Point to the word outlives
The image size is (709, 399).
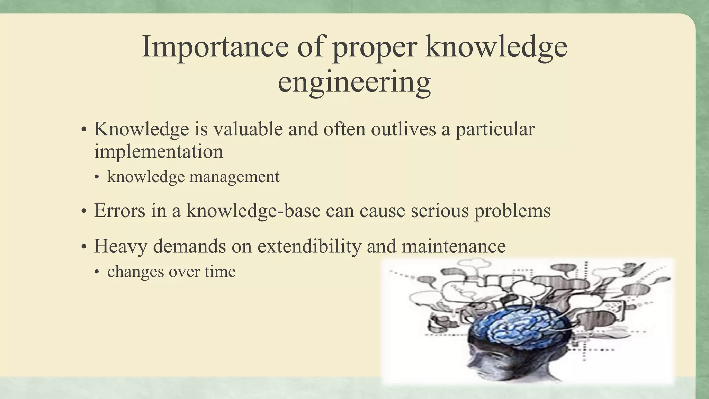pyautogui.click(x=403, y=129)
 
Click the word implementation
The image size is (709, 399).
pyautogui.click(x=159, y=152)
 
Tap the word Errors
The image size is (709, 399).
pyautogui.click(x=119, y=211)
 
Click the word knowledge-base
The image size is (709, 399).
pyautogui.click(x=253, y=211)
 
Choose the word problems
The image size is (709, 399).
pyautogui.click(x=512, y=211)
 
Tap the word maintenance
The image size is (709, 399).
pyautogui.click(x=454, y=247)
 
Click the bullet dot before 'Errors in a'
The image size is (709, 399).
pyautogui.click(x=84, y=211)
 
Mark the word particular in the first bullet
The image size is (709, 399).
pyautogui.click(x=495, y=129)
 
